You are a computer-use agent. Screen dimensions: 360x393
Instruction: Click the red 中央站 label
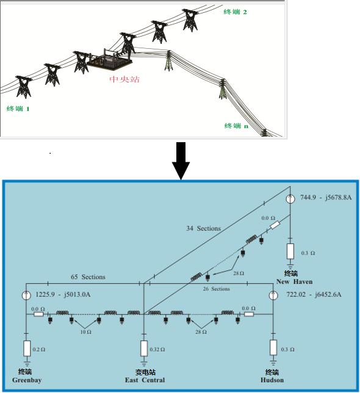(124, 79)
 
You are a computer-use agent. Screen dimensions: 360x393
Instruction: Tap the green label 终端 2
(236, 12)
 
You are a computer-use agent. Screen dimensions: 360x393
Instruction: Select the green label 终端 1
(18, 109)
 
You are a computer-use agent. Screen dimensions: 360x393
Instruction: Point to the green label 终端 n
(236, 126)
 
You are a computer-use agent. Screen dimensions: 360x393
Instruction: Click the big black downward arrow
(181, 160)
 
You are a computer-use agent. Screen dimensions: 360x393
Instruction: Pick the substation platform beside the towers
(109, 60)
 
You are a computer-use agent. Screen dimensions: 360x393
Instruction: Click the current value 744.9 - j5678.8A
(326, 198)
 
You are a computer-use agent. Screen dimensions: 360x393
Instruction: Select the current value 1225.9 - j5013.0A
(63, 294)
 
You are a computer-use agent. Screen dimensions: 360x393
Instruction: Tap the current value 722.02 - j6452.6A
(314, 294)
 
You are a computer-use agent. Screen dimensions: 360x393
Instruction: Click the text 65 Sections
(88, 277)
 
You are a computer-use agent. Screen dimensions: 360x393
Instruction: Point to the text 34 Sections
(203, 228)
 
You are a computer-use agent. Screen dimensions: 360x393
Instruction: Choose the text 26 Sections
(216, 289)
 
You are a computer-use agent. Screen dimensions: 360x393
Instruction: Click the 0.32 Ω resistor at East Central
(144, 348)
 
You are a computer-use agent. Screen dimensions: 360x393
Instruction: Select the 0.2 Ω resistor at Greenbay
(27, 348)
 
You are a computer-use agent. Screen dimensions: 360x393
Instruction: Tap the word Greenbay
(27, 380)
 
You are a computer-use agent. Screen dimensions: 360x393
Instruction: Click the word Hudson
(272, 380)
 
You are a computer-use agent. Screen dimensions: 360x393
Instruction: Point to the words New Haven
(294, 282)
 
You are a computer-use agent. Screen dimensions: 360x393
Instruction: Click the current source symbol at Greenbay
(26, 295)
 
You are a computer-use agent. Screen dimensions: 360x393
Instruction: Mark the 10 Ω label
(85, 332)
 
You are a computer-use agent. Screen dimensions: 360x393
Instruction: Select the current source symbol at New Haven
(290, 199)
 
